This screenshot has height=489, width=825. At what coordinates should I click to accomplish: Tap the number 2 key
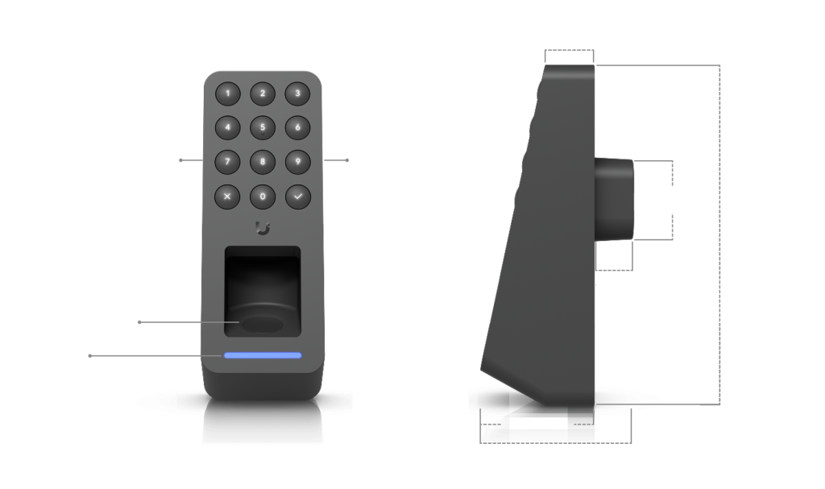pyautogui.click(x=263, y=93)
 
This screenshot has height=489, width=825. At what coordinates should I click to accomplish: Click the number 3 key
pyautogui.click(x=297, y=93)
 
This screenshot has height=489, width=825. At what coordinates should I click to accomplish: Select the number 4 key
pyautogui.click(x=227, y=127)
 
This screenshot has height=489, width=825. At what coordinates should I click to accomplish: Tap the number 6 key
pyautogui.click(x=297, y=127)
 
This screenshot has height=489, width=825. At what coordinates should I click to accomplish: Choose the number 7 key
pyautogui.click(x=227, y=162)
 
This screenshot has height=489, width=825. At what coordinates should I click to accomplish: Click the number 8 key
pyautogui.click(x=263, y=162)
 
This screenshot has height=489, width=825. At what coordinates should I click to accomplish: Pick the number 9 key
pyautogui.click(x=298, y=162)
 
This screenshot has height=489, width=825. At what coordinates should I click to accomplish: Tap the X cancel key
pyautogui.click(x=227, y=197)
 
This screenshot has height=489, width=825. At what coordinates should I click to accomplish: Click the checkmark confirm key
pyautogui.click(x=298, y=197)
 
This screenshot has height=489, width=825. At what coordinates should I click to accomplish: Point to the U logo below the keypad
pyautogui.click(x=263, y=228)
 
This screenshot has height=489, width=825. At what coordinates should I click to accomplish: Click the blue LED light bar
pyautogui.click(x=263, y=355)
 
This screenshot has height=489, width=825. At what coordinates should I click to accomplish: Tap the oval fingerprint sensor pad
pyautogui.click(x=263, y=324)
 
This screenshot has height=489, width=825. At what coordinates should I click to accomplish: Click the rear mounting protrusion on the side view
pyautogui.click(x=614, y=200)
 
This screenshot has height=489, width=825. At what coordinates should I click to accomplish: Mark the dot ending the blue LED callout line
pyautogui.click(x=90, y=356)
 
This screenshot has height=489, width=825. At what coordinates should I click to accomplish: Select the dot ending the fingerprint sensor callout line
pyautogui.click(x=139, y=322)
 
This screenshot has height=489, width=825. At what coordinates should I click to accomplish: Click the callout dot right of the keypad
pyautogui.click(x=347, y=160)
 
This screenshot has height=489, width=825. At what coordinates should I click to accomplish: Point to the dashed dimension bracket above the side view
pyautogui.click(x=570, y=50)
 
